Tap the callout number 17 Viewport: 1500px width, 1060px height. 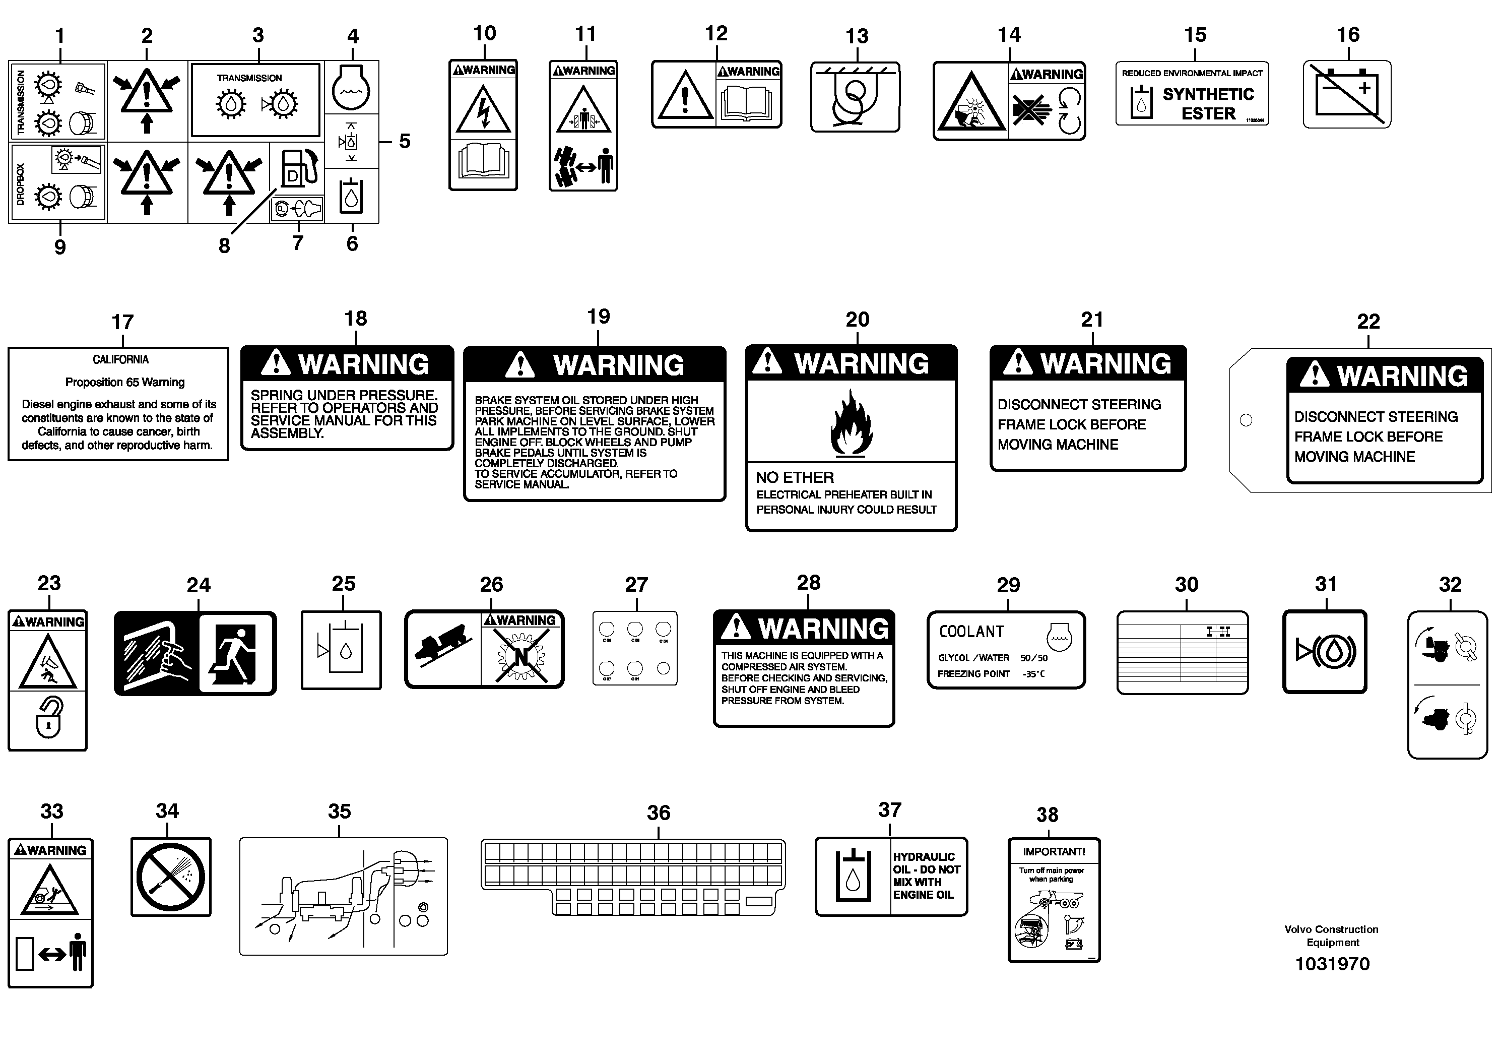122,322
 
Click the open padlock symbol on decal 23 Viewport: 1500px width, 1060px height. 49,718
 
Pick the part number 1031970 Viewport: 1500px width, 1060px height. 1332,964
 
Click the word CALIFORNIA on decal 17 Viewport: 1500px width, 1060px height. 120,359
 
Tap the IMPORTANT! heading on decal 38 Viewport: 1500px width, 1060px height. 1053,851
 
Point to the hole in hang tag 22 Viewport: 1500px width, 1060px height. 1246,420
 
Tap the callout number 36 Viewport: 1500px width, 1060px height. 658,813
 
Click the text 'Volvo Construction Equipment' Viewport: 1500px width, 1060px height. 1331,936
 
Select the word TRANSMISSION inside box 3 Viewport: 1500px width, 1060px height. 249,78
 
